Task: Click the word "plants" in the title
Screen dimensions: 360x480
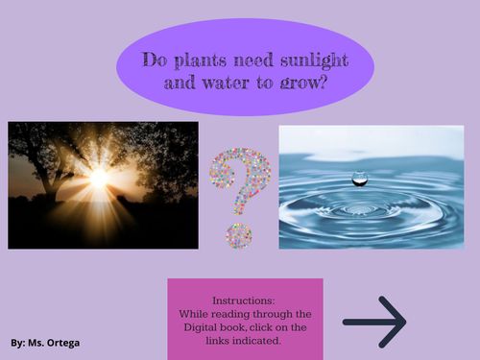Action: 201,60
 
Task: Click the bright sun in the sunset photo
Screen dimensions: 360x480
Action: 98,179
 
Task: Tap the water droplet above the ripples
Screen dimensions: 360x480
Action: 360,177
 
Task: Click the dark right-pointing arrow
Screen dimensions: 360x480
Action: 375,321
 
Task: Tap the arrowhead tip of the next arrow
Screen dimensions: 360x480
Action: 404,321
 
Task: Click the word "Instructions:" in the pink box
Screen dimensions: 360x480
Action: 244,300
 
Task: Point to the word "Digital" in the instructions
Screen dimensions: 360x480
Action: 201,326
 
